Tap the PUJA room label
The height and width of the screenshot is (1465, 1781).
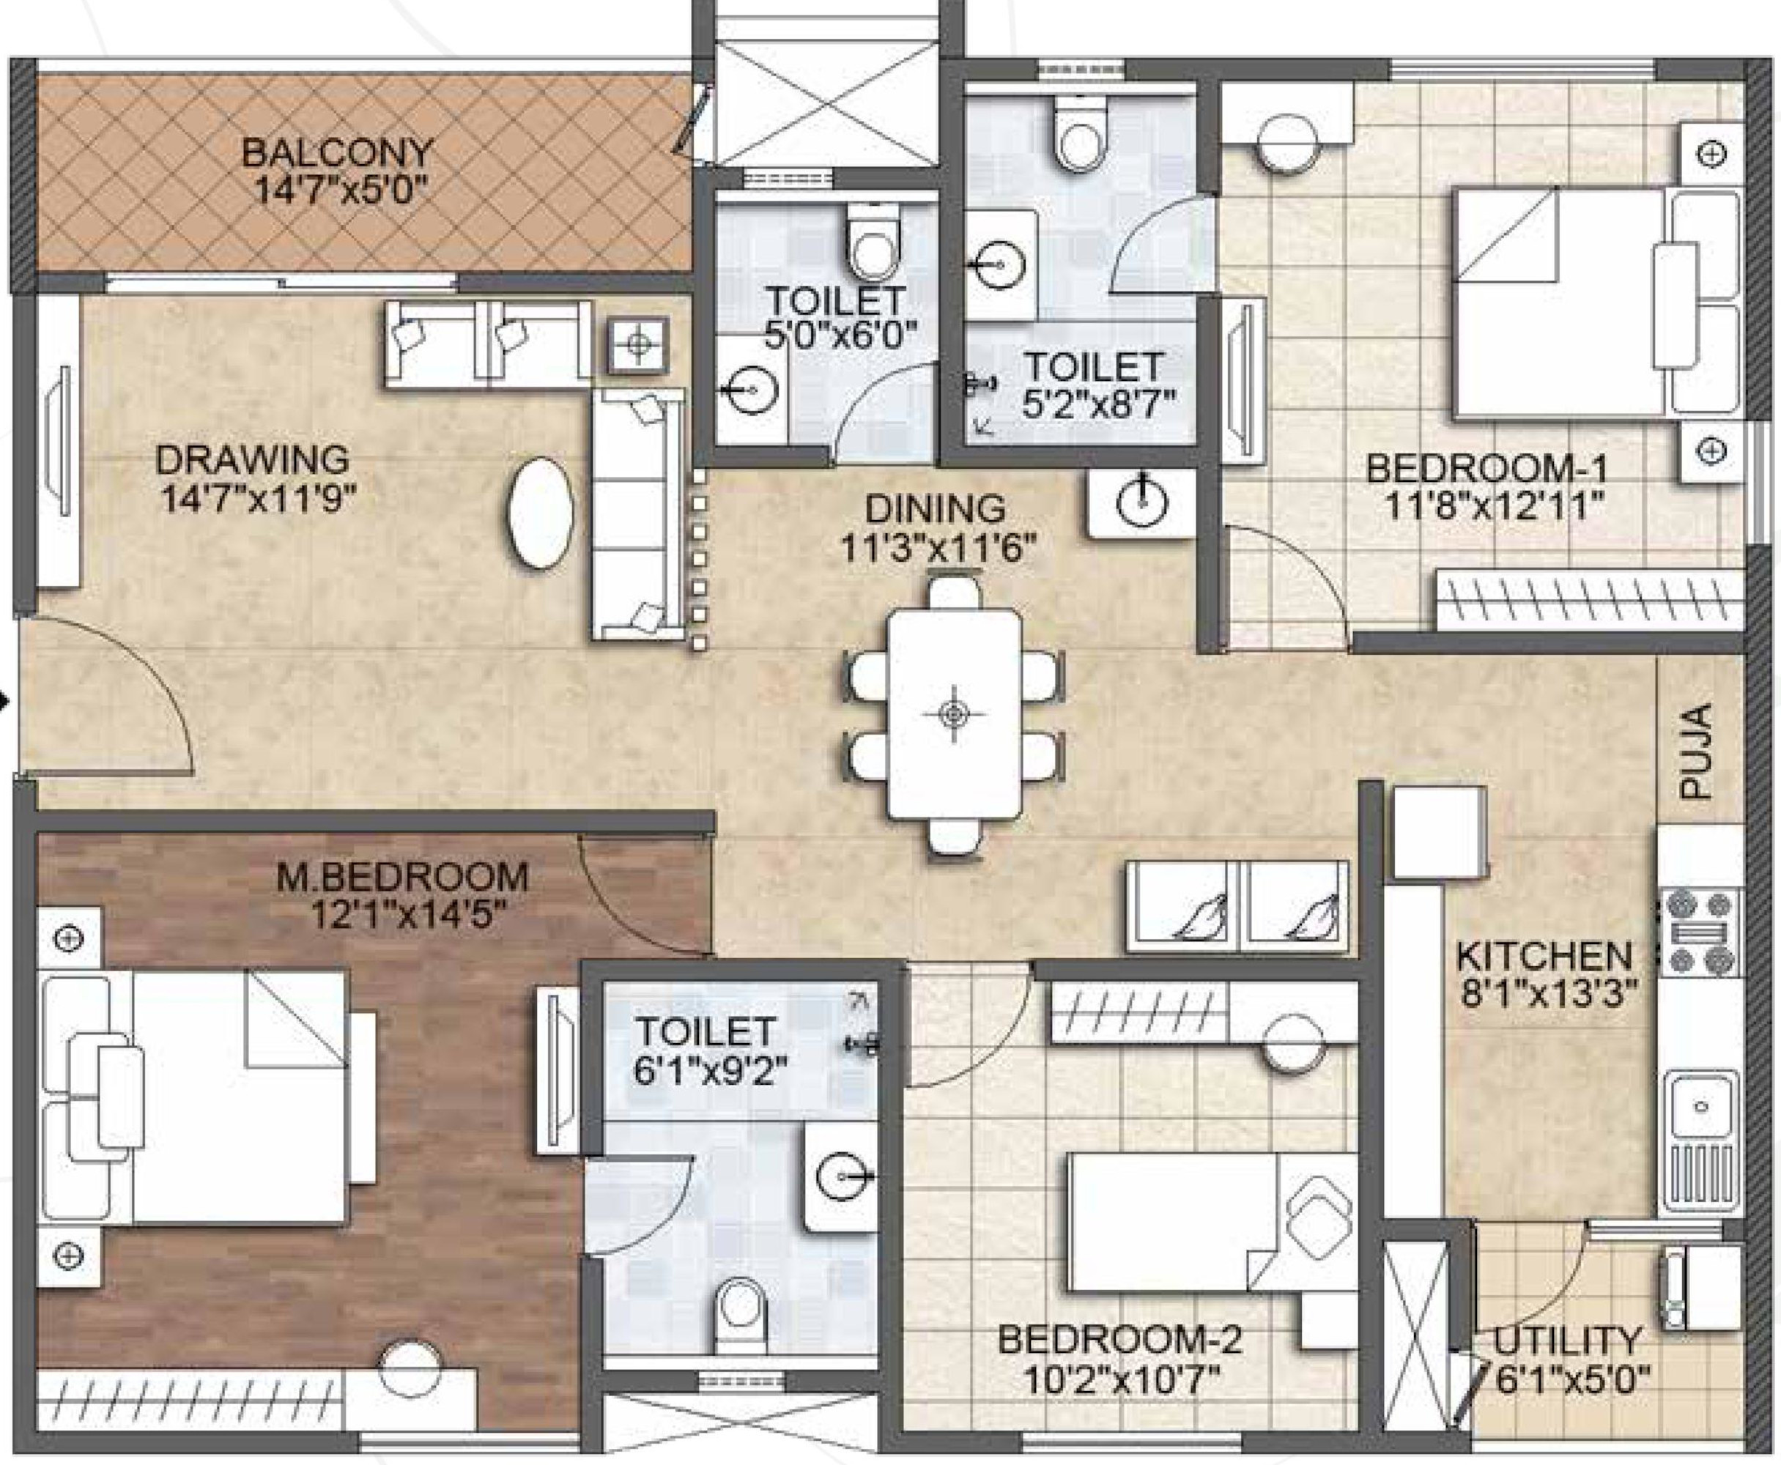(1695, 751)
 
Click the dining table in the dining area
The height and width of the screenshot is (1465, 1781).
(954, 714)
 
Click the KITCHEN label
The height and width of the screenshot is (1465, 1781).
(1544, 956)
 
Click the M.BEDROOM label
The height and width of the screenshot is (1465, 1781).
(403, 877)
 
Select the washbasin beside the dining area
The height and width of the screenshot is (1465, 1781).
(1142, 504)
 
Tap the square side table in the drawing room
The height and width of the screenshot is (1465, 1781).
(639, 344)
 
